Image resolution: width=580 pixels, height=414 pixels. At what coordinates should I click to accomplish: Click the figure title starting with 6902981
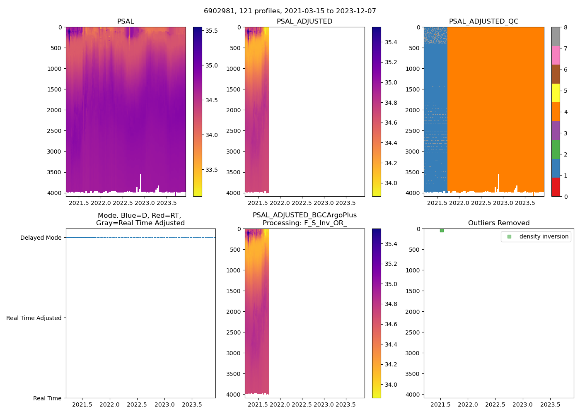(x=290, y=11)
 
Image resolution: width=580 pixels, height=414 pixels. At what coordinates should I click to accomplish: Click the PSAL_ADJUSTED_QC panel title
(x=483, y=22)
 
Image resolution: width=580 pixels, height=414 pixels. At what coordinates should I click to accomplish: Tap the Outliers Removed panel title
(x=498, y=223)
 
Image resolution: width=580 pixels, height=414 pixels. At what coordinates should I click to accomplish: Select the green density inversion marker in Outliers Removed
(x=442, y=230)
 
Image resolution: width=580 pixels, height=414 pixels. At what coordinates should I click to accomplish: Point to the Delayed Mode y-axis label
(x=41, y=238)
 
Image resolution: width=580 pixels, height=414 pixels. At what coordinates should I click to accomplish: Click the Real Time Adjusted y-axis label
(x=34, y=318)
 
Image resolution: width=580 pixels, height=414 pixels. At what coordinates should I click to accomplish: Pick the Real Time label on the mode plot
(x=47, y=398)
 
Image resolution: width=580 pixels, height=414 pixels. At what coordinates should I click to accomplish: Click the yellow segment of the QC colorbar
(x=556, y=93)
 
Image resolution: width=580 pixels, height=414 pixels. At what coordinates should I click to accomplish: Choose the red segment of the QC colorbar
(x=556, y=187)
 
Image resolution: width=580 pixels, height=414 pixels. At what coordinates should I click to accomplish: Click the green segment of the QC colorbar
(x=556, y=149)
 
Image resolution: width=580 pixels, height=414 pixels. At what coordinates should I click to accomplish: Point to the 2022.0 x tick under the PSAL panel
(x=101, y=203)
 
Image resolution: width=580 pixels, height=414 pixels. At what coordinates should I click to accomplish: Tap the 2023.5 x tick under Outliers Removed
(x=550, y=404)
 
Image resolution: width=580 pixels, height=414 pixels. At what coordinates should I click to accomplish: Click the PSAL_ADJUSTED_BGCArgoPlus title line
(x=304, y=215)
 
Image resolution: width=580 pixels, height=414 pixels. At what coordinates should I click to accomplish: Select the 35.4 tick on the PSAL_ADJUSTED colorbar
(x=391, y=42)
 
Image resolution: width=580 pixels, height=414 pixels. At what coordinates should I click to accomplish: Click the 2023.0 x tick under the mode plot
(x=164, y=404)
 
